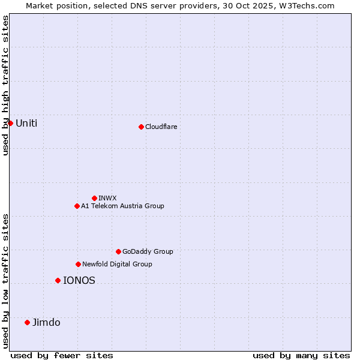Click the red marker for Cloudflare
coord(141,127)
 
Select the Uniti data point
coord(10,123)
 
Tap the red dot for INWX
coord(94,198)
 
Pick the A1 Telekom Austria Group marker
coord(77,206)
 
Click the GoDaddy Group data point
coord(118,251)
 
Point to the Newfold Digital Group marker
coord(78,264)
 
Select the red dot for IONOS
coord(58,280)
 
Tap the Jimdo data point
coord(27,322)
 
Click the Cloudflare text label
coord(161,127)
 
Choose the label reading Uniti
coord(26,123)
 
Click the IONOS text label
coord(79,280)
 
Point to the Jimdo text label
coord(46,322)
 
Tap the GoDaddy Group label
coord(148,251)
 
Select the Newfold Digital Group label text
coord(117,264)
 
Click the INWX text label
coord(107,198)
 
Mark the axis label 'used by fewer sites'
coord(62,355)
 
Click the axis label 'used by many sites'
coord(301,355)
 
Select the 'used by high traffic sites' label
coord(5,85)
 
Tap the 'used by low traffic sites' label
coord(5,280)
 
